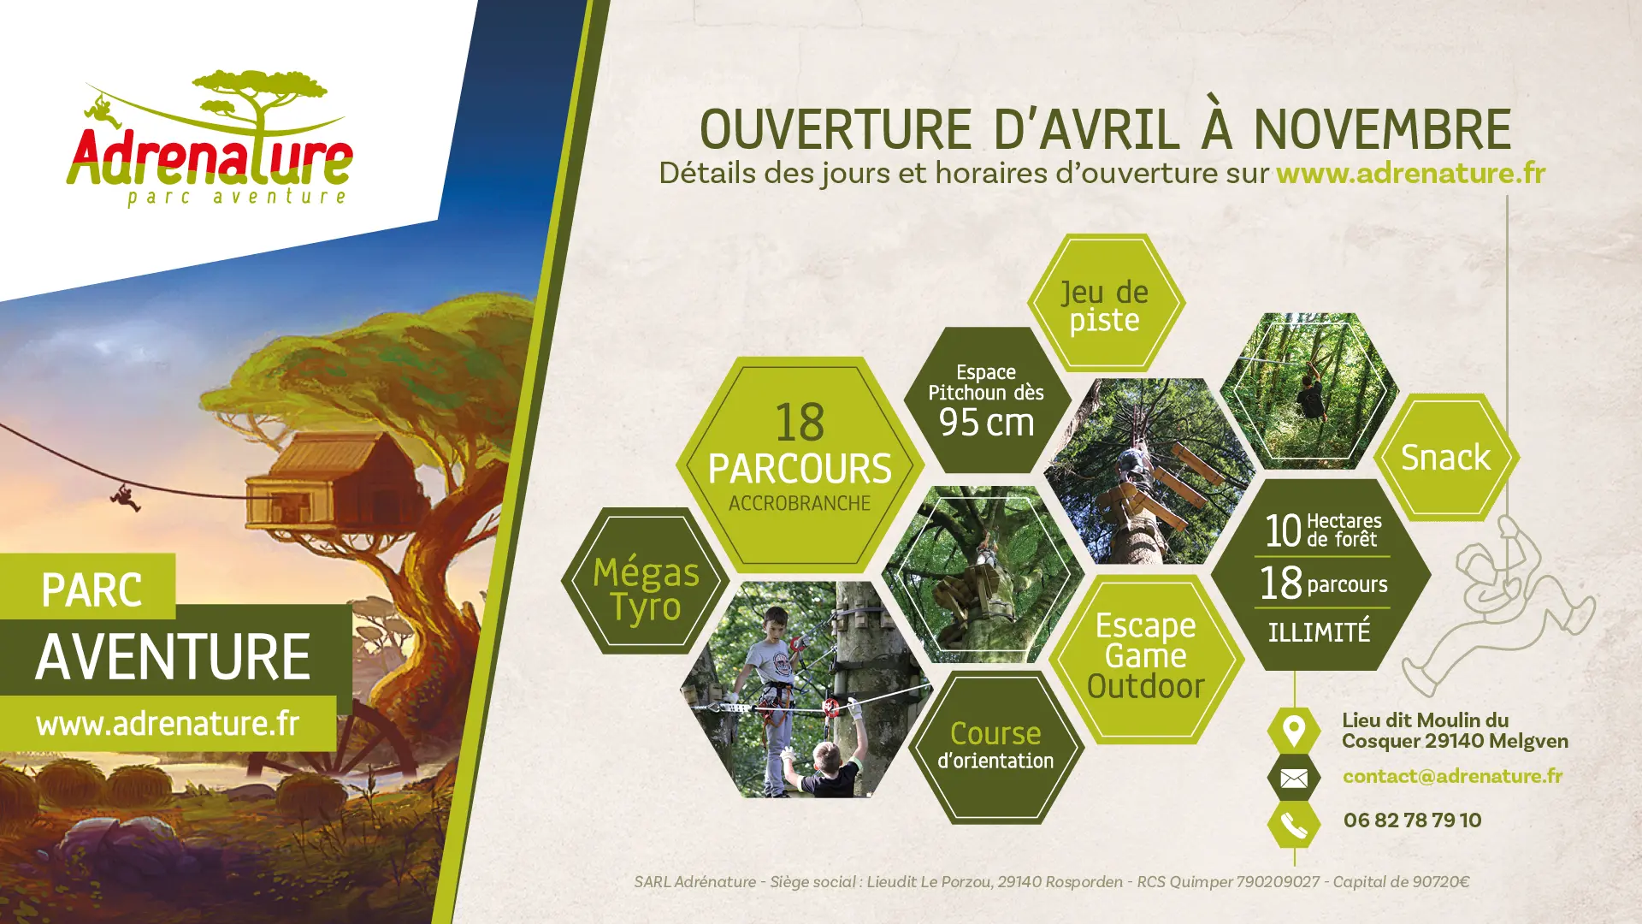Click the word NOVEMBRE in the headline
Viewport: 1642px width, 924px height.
(1382, 129)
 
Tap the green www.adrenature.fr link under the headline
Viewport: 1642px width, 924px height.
(1411, 173)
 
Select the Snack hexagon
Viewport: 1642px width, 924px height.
(1446, 457)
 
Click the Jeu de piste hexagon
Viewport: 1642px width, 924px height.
(1105, 303)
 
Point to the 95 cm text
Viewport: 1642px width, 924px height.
(986, 423)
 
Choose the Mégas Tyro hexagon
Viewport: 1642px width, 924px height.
(646, 581)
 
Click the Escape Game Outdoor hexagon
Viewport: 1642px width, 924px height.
(1146, 657)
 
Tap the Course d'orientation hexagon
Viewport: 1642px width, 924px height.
(995, 747)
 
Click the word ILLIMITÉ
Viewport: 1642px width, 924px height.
(1319, 631)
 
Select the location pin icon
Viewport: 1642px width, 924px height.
(1294, 731)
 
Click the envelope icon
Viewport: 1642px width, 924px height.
(1294, 778)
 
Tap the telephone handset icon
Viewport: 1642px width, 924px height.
(1294, 825)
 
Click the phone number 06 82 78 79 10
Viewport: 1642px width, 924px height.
(1412, 820)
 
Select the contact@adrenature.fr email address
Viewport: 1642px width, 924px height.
(1452, 776)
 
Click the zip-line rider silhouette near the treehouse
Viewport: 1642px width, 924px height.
(125, 497)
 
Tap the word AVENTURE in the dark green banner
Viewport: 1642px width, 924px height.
(174, 657)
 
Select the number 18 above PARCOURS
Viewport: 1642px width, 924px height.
(800, 423)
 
